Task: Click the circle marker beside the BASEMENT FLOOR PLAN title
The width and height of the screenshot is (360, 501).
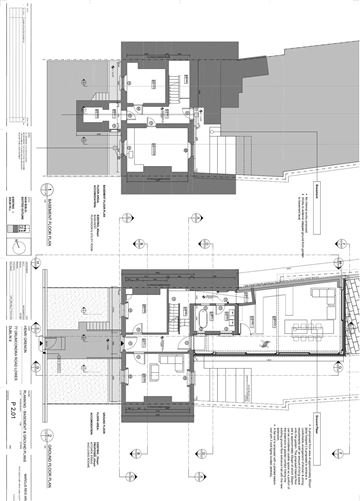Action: (x=44, y=189)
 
